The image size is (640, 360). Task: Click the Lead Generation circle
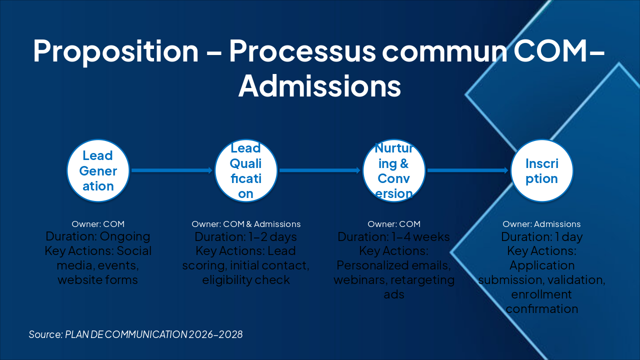(x=98, y=170)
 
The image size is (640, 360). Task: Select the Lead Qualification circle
(x=246, y=170)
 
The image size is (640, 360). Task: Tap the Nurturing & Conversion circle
(x=394, y=170)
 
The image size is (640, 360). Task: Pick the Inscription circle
(x=541, y=170)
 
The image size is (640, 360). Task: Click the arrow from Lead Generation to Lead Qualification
(x=172, y=170)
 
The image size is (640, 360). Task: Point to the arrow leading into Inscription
(x=467, y=170)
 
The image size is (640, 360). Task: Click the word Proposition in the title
(x=115, y=50)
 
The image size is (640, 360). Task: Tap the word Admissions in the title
(x=319, y=85)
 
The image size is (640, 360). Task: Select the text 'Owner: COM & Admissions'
(x=246, y=224)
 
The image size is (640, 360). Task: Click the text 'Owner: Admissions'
(x=541, y=224)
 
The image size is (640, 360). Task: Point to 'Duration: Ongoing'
(x=98, y=236)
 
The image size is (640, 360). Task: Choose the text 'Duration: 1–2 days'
(x=246, y=236)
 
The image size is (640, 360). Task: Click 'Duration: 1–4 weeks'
(x=394, y=236)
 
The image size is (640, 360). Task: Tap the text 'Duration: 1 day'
(x=541, y=236)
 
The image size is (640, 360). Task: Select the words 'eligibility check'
(x=246, y=279)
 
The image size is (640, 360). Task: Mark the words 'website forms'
(x=98, y=279)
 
